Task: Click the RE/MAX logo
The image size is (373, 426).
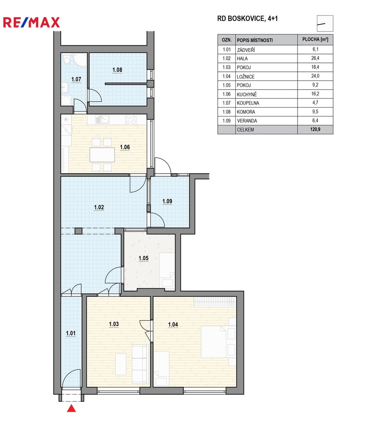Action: (x=31, y=22)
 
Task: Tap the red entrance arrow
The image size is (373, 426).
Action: (x=71, y=408)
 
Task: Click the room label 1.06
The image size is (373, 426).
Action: (x=125, y=147)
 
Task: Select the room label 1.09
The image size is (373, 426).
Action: (x=167, y=201)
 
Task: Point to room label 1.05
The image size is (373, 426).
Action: (x=144, y=258)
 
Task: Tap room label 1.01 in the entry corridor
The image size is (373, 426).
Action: (x=71, y=333)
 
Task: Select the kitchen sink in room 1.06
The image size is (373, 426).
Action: (x=102, y=119)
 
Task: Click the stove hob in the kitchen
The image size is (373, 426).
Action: (x=131, y=119)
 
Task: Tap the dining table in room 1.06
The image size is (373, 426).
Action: (x=102, y=155)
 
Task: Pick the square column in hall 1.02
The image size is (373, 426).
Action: (x=78, y=231)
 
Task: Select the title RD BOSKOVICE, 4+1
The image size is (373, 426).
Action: (x=248, y=19)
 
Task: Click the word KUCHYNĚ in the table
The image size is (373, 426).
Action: (x=247, y=94)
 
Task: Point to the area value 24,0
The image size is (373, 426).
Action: (x=315, y=76)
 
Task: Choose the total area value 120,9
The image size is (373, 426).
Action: (x=315, y=129)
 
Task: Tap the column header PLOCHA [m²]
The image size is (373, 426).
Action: (x=315, y=40)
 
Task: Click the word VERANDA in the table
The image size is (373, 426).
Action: (x=247, y=121)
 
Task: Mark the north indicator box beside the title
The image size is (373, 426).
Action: (x=325, y=24)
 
